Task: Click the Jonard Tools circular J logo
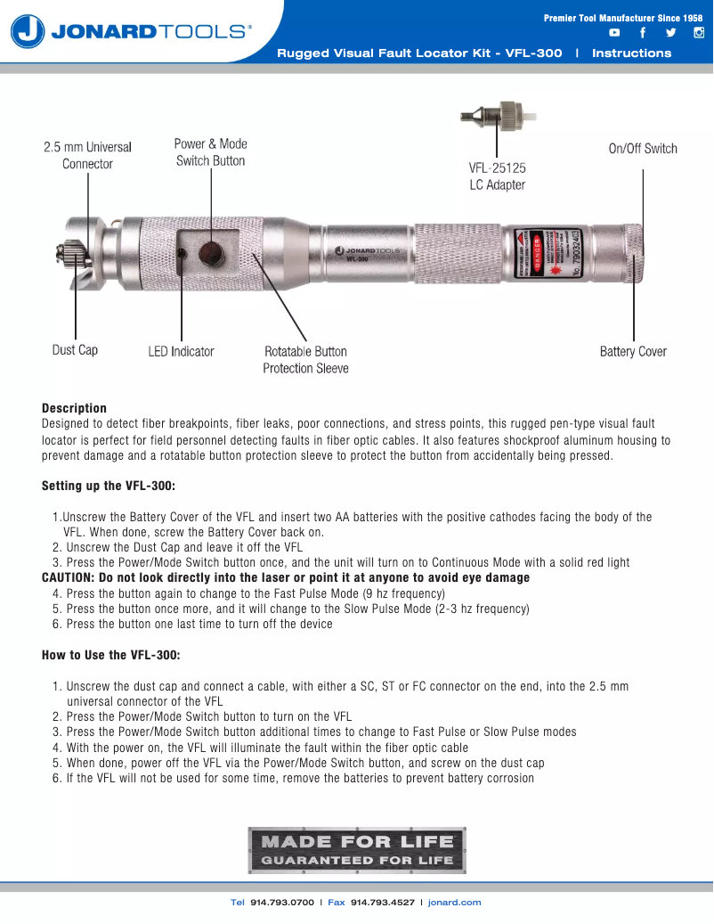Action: (x=28, y=32)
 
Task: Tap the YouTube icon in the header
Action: (x=614, y=33)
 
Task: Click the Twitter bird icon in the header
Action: (x=670, y=33)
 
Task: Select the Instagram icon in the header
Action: (x=699, y=33)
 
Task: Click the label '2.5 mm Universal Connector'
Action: (x=87, y=155)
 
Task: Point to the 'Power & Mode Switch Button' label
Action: (x=210, y=152)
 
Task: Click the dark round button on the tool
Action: (x=210, y=253)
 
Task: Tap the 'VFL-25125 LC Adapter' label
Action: (x=497, y=176)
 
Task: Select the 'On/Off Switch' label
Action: (x=643, y=149)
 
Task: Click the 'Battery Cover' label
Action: (x=633, y=352)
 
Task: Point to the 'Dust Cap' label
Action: (x=75, y=350)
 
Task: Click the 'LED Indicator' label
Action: (x=181, y=352)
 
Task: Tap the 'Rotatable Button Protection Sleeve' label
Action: (x=305, y=360)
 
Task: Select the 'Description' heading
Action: (x=74, y=408)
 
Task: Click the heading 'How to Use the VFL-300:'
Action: (x=110, y=655)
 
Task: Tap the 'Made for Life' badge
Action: (x=356, y=850)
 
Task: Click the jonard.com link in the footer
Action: (x=454, y=903)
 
